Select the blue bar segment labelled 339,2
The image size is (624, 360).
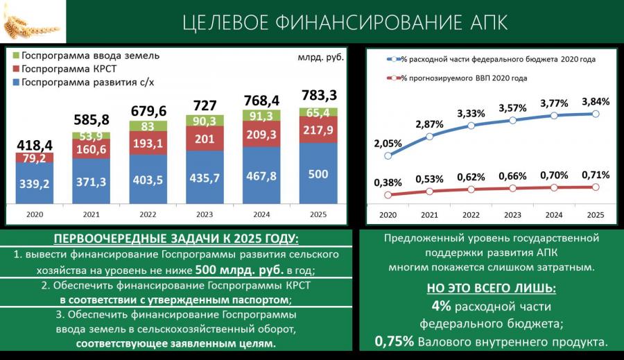35,185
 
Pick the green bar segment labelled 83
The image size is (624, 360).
148,126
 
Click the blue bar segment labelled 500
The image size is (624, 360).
318,174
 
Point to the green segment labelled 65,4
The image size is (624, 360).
318,112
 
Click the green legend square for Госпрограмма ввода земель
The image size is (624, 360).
15,56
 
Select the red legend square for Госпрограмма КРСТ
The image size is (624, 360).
15,69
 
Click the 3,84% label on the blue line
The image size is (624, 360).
596,101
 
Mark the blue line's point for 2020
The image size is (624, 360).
388,156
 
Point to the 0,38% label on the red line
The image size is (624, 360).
388,183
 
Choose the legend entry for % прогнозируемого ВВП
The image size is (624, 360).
463,78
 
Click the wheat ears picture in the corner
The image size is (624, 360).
33,22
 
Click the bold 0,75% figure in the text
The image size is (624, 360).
395,341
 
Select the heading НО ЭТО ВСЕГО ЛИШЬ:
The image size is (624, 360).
492,289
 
